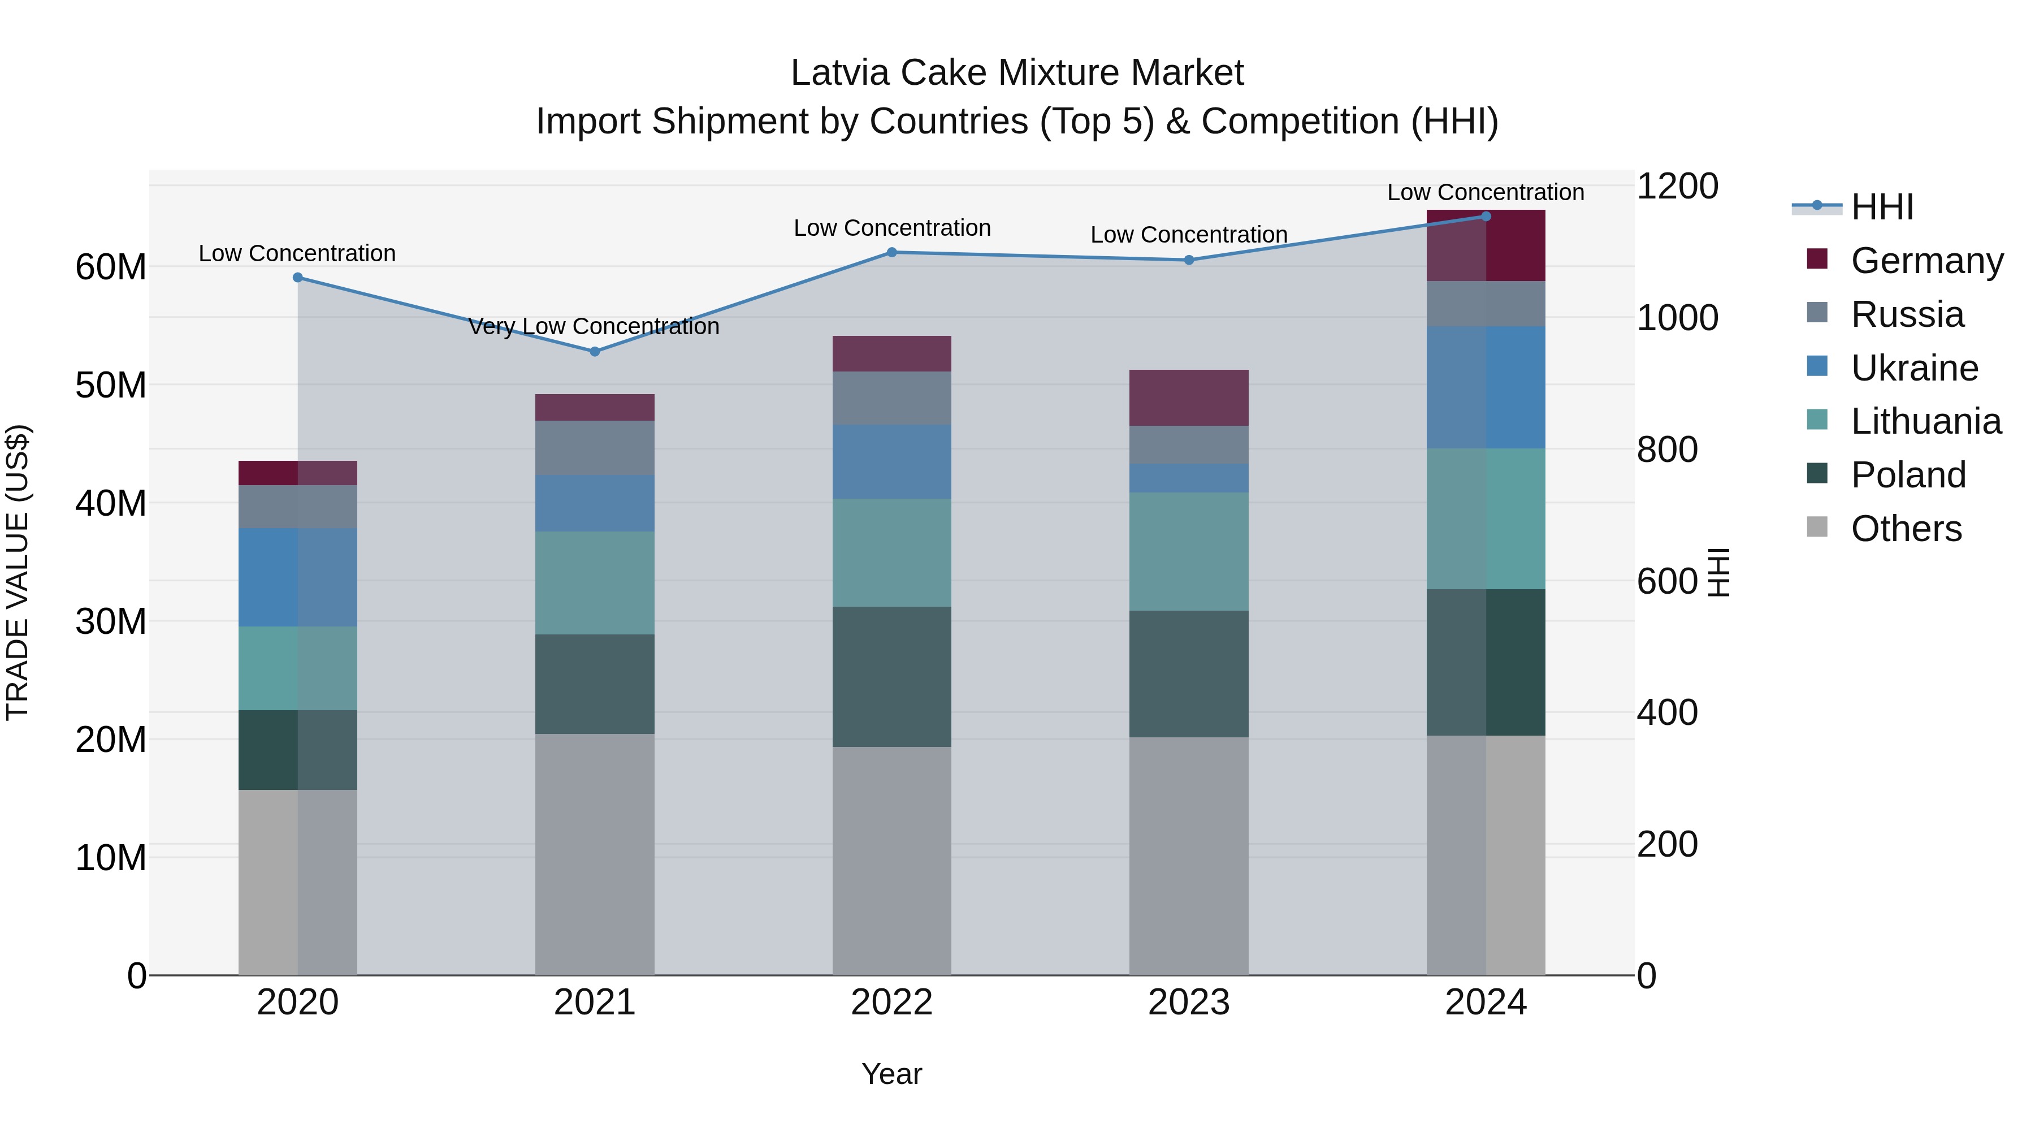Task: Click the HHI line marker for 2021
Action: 595,352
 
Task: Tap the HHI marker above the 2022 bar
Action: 892,252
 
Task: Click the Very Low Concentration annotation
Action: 594,326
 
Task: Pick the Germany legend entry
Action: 1926,261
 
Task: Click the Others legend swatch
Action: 1817,527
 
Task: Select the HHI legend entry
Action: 1882,207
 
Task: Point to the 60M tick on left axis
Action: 111,267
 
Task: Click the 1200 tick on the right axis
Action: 1677,187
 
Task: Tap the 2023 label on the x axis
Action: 1188,1003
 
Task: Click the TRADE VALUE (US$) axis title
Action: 18,572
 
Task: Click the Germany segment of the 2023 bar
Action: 1188,397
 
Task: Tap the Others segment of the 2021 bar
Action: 594,853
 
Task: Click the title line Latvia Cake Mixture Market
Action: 1017,73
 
